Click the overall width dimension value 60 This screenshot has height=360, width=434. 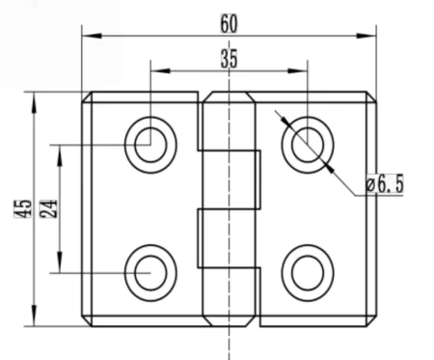click(228, 20)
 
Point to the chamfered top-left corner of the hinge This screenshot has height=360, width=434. click(85, 97)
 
